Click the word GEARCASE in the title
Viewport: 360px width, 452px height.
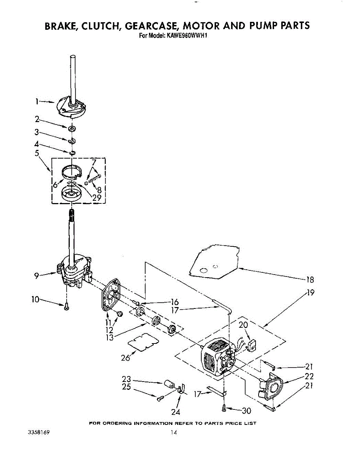pyautogui.click(x=152, y=26)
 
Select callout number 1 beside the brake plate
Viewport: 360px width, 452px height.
pyautogui.click(x=37, y=101)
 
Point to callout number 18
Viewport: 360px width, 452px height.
pyautogui.click(x=310, y=279)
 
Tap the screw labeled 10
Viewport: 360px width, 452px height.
pyautogui.click(x=67, y=307)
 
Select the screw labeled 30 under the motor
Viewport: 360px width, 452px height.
pyautogui.click(x=224, y=407)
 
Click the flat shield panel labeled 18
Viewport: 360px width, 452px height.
pyautogui.click(x=213, y=263)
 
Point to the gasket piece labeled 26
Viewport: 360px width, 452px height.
pyautogui.click(x=143, y=342)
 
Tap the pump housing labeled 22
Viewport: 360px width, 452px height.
pyautogui.click(x=271, y=388)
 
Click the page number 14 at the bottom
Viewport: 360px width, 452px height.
pyautogui.click(x=173, y=433)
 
